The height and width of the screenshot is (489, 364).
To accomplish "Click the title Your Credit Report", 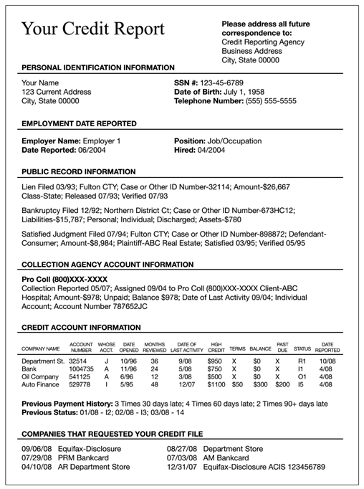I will pyautogui.click(x=93, y=29).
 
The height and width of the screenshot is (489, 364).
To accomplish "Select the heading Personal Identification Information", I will pyautogui.click(x=98, y=67).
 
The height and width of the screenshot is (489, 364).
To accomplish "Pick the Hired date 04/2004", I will pyautogui.click(x=211, y=151).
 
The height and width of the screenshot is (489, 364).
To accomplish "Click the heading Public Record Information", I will pyautogui.click(x=78, y=172).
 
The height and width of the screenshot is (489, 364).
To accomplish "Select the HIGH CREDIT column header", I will pyautogui.click(x=215, y=347).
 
